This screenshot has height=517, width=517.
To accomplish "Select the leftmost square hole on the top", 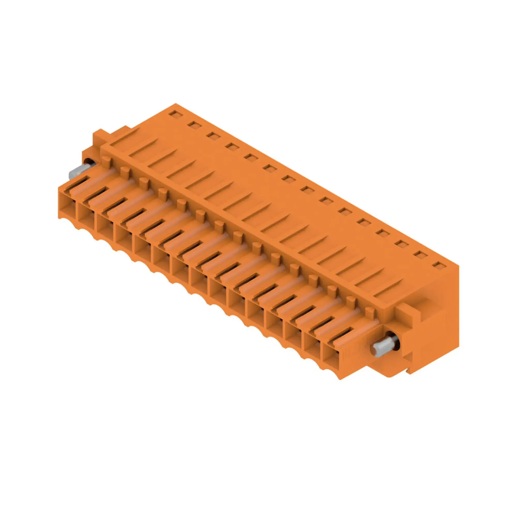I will tap(175, 114).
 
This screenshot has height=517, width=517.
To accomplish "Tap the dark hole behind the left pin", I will tap(88, 163).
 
